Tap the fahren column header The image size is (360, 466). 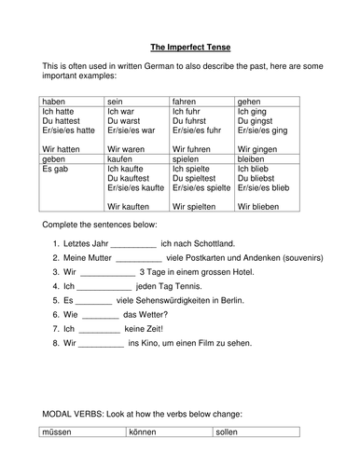coord(187,99)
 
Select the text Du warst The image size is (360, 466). coord(126,121)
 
